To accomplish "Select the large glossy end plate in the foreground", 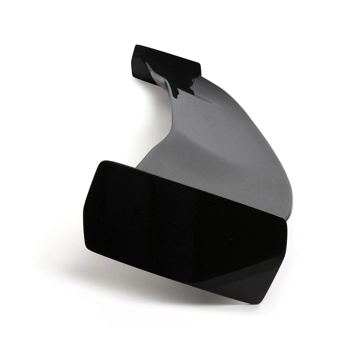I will [184, 228].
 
